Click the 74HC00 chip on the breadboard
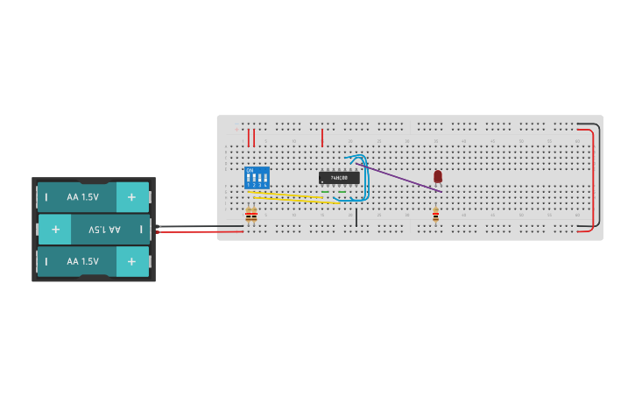pos(339,178)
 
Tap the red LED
pos(438,176)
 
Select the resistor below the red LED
pos(435,214)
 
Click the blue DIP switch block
pos(257,178)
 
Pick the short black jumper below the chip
pos(356,217)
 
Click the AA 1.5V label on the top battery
pos(82,197)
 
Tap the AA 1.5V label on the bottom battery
pos(82,261)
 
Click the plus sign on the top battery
pos(131,197)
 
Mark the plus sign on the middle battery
pos(55,230)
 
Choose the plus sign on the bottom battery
pos(131,261)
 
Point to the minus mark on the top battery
pos(46,197)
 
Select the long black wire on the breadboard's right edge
pos(600,175)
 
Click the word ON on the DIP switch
pos(250,170)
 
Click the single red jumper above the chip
pos(322,138)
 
